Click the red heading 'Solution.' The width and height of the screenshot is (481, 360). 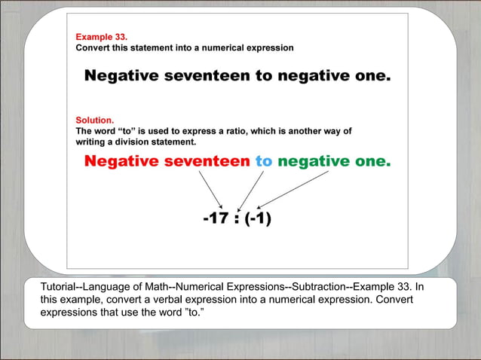point(95,119)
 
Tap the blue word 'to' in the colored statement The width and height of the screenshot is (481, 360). point(263,160)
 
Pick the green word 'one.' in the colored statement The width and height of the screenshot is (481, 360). point(370,160)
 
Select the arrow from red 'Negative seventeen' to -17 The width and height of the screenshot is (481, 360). point(210,189)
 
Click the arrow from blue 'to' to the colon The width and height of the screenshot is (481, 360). point(250,190)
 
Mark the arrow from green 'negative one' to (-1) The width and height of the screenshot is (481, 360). point(294,189)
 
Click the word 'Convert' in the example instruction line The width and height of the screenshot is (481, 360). point(93,47)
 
